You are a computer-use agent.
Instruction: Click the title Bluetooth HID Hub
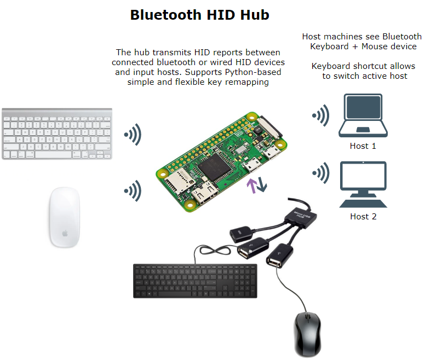199,15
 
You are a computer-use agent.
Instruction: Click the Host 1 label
363,146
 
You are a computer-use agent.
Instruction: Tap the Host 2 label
363,217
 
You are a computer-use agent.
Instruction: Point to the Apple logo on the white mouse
65,233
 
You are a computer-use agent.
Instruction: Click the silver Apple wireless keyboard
58,133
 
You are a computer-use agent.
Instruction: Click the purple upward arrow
251,185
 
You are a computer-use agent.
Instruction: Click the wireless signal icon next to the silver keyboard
132,135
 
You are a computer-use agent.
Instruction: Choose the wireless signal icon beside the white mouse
132,191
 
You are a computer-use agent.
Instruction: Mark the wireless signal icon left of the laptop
320,115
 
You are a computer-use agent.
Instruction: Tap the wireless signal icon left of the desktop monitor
320,173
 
